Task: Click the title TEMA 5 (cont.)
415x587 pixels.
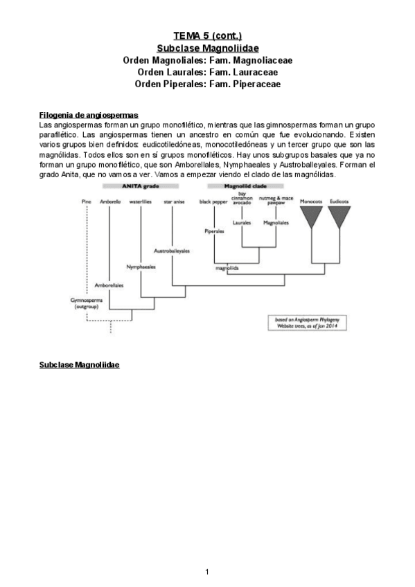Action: point(207,36)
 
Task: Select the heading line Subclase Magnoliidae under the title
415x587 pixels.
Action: point(207,48)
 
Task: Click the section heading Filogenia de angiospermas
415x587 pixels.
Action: point(89,114)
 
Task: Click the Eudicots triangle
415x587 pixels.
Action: point(339,217)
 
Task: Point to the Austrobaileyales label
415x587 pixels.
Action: point(172,251)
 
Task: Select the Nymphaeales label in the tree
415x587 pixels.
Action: point(141,267)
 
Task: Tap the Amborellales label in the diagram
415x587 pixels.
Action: point(109,285)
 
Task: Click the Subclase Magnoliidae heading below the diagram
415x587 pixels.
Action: point(79,363)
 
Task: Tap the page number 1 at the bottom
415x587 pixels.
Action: point(207,571)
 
